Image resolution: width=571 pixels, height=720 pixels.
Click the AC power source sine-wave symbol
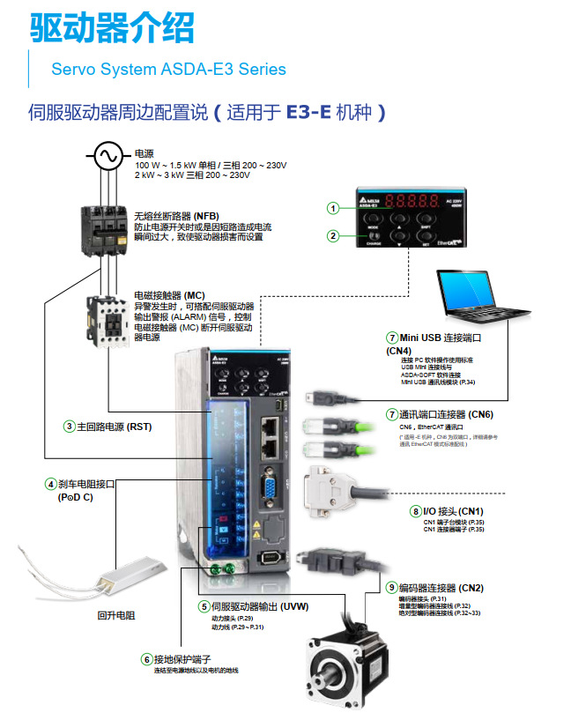tap(108, 157)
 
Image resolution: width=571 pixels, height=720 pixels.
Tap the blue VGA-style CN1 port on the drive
tap(268, 488)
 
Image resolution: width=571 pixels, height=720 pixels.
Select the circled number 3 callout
tap(69, 427)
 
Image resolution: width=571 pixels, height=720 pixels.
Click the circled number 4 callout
tap(51, 484)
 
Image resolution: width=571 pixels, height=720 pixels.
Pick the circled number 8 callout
tap(416, 511)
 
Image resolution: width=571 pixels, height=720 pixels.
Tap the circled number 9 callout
tap(391, 588)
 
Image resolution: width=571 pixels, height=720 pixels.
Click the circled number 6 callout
tap(147, 658)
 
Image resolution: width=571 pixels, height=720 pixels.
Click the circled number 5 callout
tap(204, 606)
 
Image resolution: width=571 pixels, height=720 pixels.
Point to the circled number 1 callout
tap(333, 208)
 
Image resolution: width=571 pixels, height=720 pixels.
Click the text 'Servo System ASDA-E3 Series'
tap(168, 69)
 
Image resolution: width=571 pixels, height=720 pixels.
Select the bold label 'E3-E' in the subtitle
tap(309, 113)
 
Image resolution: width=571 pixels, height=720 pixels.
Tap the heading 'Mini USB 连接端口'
tap(441, 337)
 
